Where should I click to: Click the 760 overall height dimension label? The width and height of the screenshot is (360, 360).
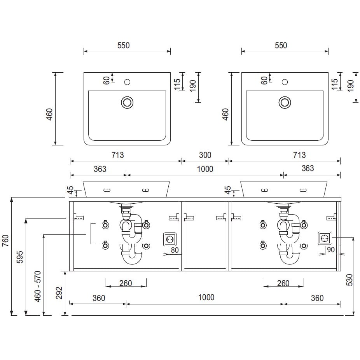[x=5, y=240]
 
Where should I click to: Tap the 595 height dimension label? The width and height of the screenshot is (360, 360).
[x=20, y=257]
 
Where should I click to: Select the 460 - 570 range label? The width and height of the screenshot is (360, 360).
[x=37, y=286]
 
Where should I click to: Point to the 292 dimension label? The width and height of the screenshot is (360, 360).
[x=59, y=293]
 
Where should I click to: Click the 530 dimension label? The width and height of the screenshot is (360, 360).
[x=349, y=280]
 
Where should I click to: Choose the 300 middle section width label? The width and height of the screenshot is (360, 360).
[x=205, y=155]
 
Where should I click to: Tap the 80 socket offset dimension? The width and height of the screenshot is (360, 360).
[x=175, y=250]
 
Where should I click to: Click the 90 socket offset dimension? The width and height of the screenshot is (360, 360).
[x=330, y=250]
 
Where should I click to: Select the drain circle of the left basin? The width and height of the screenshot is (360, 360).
[x=127, y=102]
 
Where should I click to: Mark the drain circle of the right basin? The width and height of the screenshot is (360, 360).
[x=285, y=102]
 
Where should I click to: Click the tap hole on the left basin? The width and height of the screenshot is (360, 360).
[x=127, y=82]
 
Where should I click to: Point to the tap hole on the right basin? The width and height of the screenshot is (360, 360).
[x=285, y=82]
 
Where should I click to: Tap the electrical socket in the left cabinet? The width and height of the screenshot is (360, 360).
[x=170, y=239]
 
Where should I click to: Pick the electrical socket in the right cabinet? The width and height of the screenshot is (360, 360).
[x=325, y=238]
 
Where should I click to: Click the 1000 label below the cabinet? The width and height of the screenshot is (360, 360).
[x=206, y=297]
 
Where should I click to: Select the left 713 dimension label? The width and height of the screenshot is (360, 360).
[x=117, y=155]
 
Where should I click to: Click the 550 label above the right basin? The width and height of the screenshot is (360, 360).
[x=281, y=45]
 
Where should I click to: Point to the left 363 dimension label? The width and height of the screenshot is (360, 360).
[x=100, y=169]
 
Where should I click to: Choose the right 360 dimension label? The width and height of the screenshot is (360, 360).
[x=317, y=298]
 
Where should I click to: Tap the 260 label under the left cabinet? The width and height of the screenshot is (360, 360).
[x=126, y=283]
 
